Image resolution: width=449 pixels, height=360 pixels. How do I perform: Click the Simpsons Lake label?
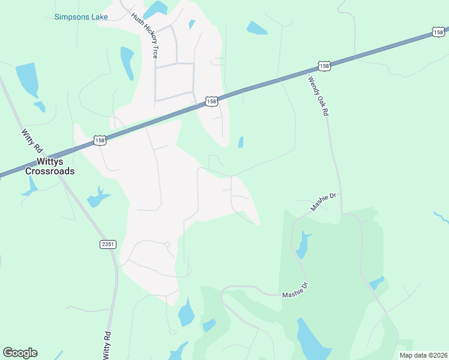(x=81, y=17)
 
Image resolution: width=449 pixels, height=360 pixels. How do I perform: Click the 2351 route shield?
(x=107, y=244)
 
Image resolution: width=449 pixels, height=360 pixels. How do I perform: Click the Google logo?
(x=20, y=353)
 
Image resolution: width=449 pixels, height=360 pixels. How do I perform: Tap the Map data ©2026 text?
(x=423, y=355)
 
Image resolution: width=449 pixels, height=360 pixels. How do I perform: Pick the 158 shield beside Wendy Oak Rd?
(x=324, y=66)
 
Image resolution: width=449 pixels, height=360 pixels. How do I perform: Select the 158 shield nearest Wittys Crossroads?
(x=100, y=140)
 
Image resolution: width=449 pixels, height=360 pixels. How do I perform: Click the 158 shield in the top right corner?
(x=438, y=32)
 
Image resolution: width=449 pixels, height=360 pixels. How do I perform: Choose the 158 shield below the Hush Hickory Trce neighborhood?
(x=211, y=102)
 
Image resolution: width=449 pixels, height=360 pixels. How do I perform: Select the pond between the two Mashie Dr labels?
(x=303, y=243)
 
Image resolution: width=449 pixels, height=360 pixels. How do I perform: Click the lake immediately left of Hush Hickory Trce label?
(x=127, y=61)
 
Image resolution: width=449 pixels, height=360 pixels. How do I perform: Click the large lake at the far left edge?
(x=26, y=79)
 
